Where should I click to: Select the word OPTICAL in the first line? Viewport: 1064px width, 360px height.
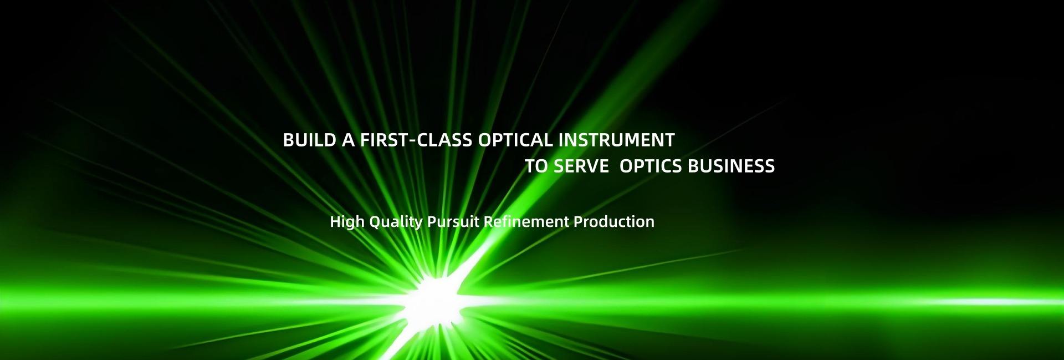point(515,140)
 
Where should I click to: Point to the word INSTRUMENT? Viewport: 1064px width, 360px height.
point(616,140)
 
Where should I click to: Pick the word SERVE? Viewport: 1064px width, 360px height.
point(581,166)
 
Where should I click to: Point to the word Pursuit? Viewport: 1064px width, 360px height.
point(453,222)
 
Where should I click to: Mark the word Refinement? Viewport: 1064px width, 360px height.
point(526,222)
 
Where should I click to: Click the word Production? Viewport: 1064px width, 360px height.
point(614,222)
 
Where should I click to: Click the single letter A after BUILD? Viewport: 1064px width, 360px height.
point(349,140)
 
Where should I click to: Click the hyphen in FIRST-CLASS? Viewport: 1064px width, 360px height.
point(411,141)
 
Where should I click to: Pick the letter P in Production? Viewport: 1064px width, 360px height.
point(579,222)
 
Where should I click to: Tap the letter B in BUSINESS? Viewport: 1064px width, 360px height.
point(693,166)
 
